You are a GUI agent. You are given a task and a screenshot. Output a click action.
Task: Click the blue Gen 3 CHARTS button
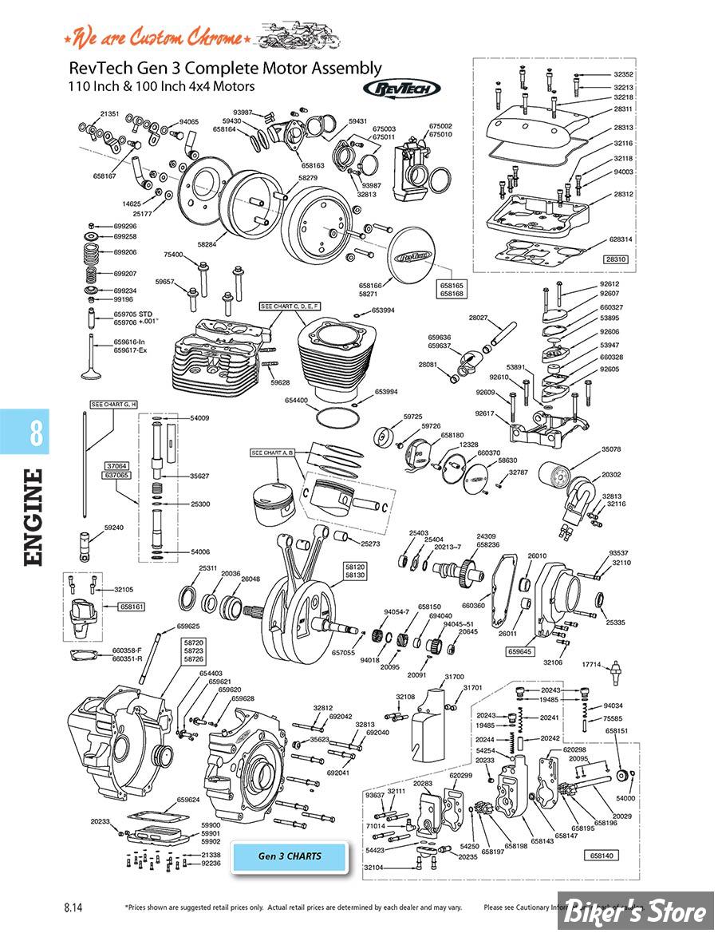290,856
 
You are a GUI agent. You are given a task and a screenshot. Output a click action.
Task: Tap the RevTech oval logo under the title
400,89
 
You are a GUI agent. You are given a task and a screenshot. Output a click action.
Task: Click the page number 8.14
73,907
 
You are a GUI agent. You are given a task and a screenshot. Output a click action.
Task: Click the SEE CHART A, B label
273,453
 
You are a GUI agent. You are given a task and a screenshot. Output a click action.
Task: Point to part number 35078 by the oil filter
612,449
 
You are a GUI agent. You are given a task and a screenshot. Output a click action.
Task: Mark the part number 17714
591,664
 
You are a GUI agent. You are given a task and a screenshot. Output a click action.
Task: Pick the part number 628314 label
620,239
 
